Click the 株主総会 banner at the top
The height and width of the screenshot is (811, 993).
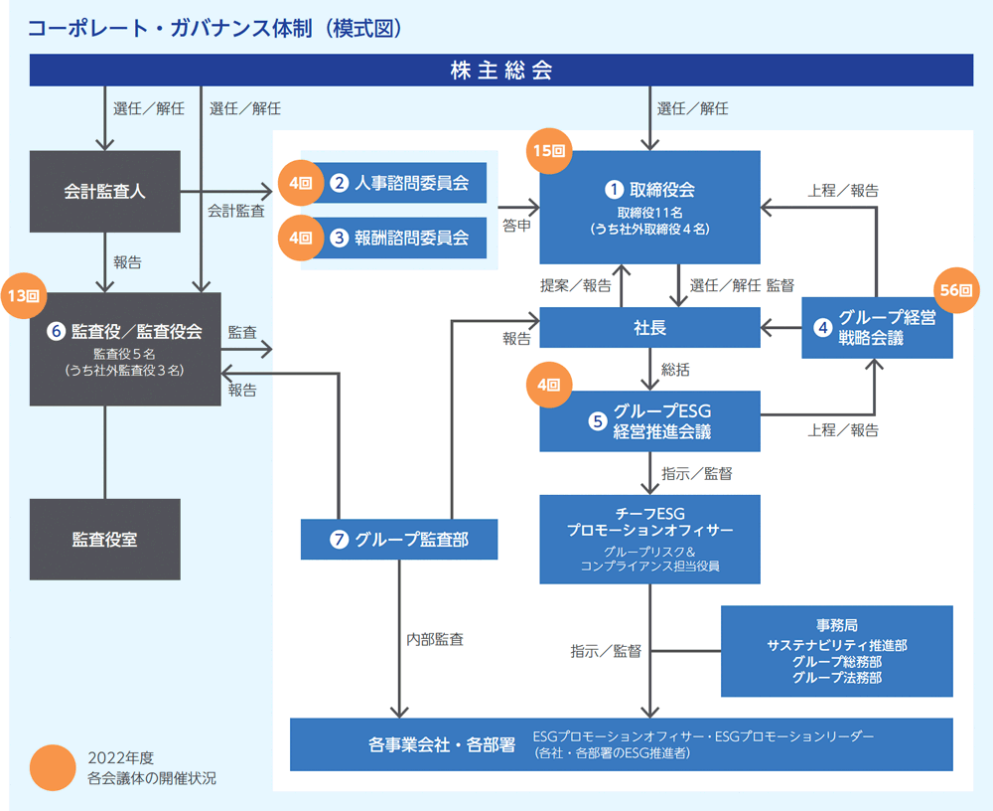[x=500, y=70]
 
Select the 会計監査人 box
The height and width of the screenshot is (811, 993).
[x=105, y=192]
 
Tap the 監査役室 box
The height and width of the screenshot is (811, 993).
[x=105, y=540]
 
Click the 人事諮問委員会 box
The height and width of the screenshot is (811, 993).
[x=399, y=183]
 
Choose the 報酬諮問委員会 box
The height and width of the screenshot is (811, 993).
[x=399, y=238]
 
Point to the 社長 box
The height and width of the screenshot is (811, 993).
[x=649, y=328]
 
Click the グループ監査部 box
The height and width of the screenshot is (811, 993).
[x=399, y=540]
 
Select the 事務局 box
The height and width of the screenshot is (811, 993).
[x=836, y=651]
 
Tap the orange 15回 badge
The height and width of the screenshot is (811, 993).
[x=549, y=151]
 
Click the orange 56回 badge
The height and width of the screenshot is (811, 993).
[x=955, y=290]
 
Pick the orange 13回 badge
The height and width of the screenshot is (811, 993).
[x=24, y=295]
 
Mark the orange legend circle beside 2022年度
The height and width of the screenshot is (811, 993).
[x=53, y=768]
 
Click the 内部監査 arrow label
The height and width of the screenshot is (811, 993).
[x=435, y=639]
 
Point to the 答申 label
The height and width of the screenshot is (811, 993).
[x=516, y=226]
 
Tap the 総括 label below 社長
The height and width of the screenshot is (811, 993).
[x=675, y=370]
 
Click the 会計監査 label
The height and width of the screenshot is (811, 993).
[x=236, y=211]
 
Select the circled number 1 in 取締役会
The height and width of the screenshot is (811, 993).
[x=614, y=189]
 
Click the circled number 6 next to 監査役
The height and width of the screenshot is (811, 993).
[x=57, y=331]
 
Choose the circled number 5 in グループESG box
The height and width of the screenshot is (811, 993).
[x=597, y=421]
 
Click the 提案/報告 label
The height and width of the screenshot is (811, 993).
[x=576, y=286]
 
